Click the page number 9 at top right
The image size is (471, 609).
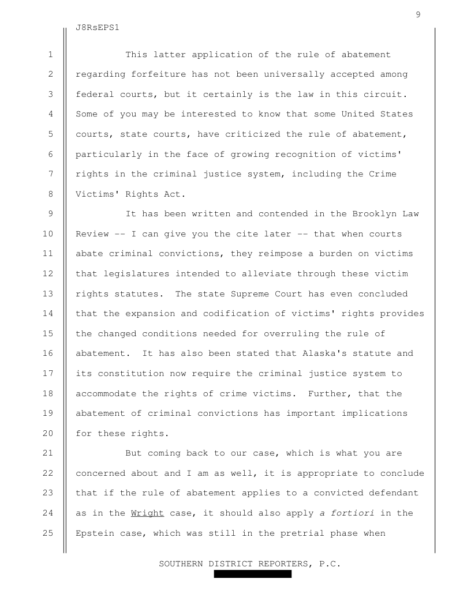pyautogui.click(x=417, y=15)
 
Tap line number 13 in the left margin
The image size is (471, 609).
pyautogui.click(x=50, y=294)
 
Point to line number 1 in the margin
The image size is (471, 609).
pyautogui.click(x=51, y=55)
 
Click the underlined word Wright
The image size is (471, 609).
pyautogui.click(x=148, y=513)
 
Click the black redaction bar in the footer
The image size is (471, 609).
pyautogui.click(x=253, y=574)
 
